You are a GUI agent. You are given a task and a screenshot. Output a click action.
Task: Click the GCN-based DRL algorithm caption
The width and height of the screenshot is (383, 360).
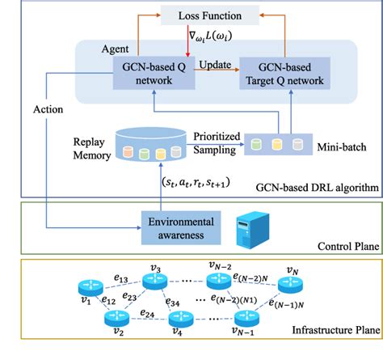315,188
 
